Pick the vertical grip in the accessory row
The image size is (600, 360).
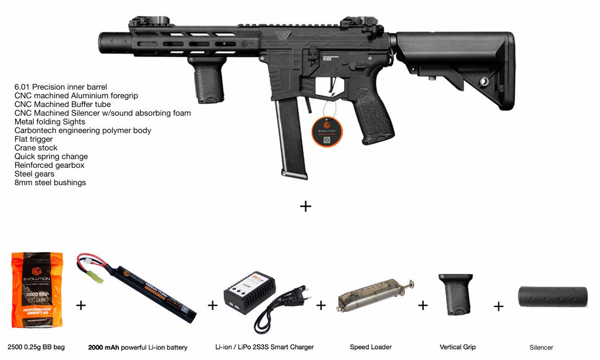click(456, 294)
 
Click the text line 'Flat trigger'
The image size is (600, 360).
click(34, 139)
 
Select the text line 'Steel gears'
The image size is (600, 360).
click(35, 174)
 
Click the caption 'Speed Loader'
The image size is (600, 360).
click(371, 347)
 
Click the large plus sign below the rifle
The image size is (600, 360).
click(306, 206)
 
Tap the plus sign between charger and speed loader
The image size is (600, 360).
click(321, 305)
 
